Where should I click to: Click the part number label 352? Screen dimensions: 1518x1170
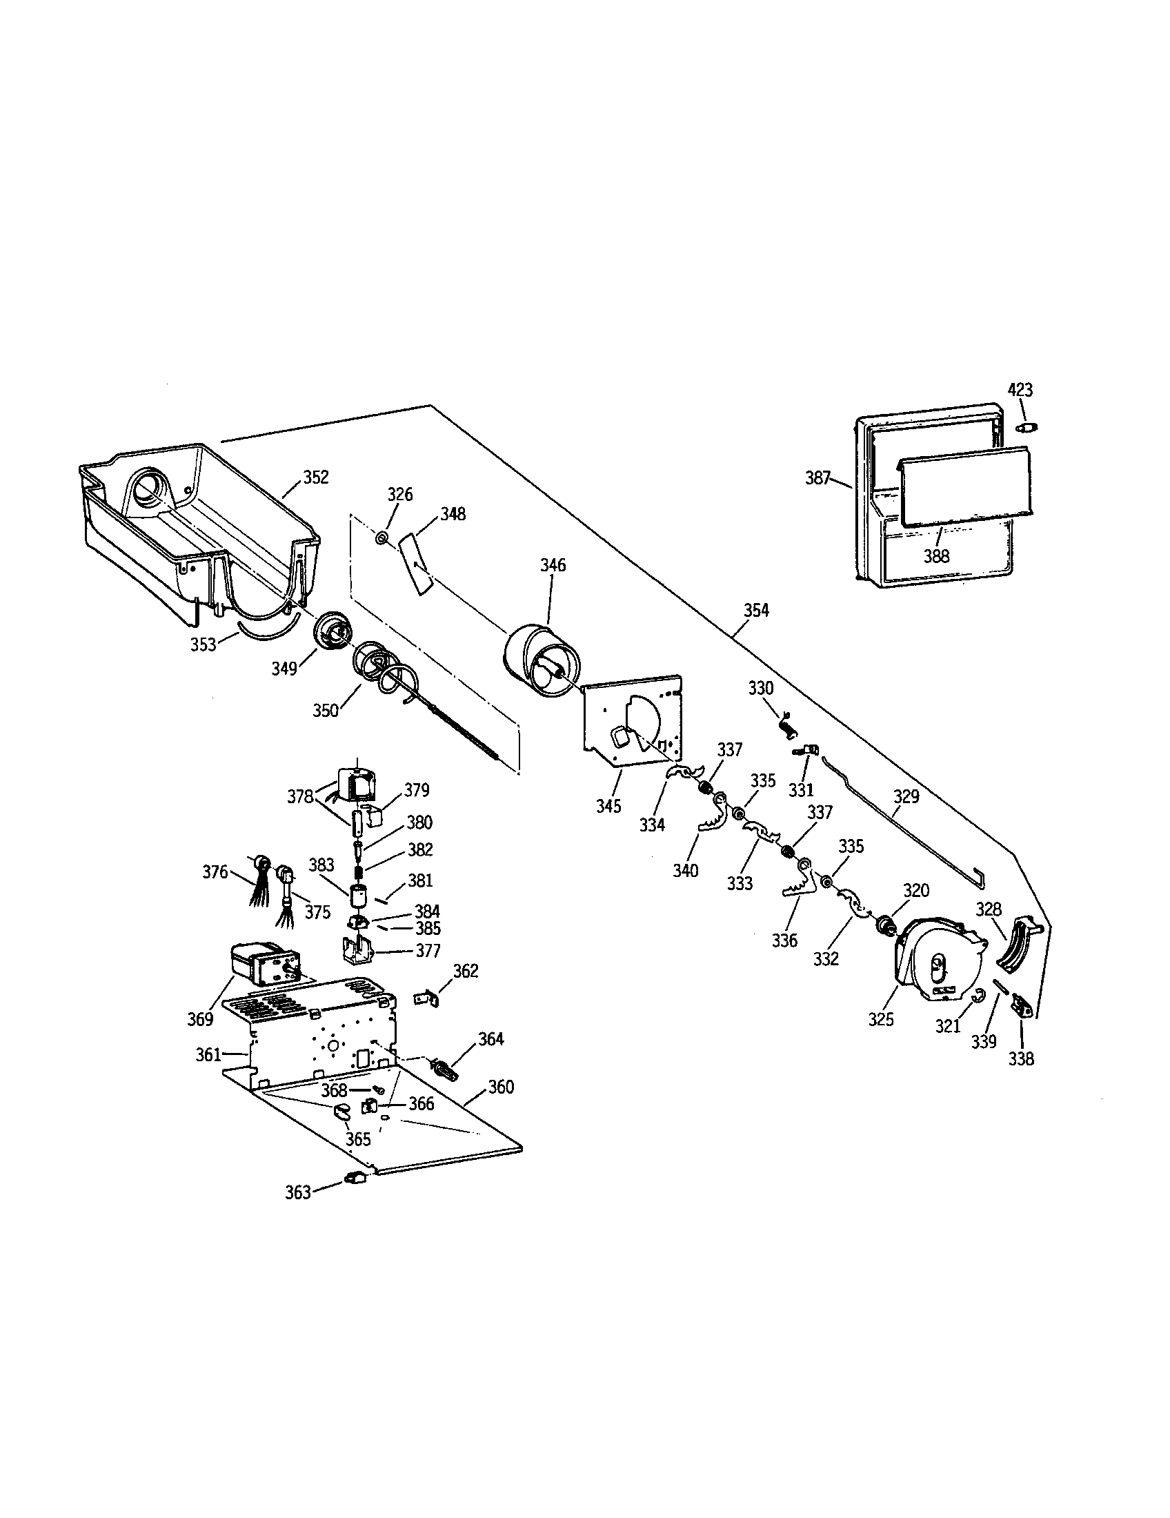315,477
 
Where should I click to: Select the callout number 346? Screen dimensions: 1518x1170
553,565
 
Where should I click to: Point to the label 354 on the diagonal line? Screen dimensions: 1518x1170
757,610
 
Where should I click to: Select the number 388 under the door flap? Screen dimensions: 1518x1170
936,555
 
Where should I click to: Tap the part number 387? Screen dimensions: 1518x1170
818,478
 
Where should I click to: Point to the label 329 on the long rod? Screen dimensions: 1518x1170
906,796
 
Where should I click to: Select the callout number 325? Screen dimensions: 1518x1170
881,1020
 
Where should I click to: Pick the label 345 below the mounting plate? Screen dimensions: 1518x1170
608,806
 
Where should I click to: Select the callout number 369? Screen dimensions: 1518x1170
200,1019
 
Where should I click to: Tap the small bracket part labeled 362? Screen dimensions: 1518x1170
427,998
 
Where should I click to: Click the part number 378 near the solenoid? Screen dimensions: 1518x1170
301,797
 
